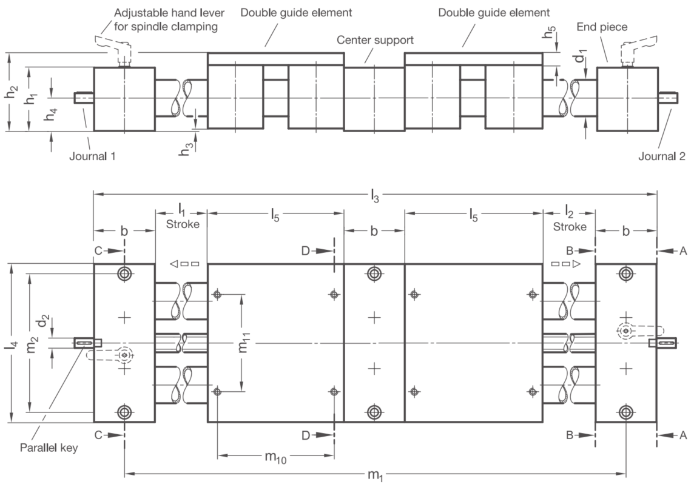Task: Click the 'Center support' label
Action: click(375, 40)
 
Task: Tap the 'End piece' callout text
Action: click(602, 27)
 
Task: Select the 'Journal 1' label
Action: click(92, 156)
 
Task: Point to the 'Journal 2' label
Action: click(662, 156)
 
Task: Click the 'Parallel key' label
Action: click(49, 448)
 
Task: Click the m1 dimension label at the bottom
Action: click(376, 475)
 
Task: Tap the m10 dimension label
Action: click(275, 457)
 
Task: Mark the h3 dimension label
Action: click(184, 150)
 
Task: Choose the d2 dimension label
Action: click(44, 320)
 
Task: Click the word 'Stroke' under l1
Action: click(183, 224)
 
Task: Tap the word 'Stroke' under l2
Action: click(570, 227)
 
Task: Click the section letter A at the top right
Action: click(683, 251)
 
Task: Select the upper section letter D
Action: click(305, 251)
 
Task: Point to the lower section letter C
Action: click(98, 435)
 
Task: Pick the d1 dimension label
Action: click(581, 55)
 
